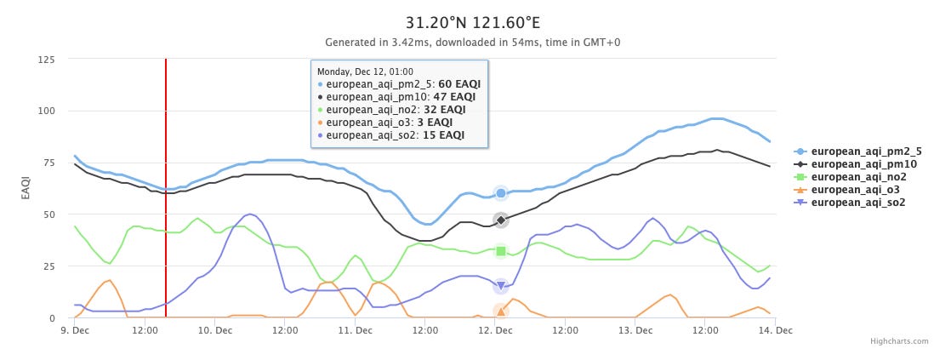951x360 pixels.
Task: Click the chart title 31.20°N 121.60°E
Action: (x=475, y=20)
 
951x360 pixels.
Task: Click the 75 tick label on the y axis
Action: (x=48, y=163)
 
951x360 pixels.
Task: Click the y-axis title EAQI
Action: (x=26, y=189)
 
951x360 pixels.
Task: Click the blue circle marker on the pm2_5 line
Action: (x=501, y=193)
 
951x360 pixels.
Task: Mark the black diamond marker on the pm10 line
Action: (x=501, y=220)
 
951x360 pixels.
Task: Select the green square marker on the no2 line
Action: (x=501, y=251)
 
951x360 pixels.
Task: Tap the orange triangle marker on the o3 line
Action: (x=501, y=311)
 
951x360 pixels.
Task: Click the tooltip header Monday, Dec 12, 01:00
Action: (x=365, y=71)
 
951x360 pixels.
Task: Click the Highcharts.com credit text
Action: (x=899, y=341)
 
